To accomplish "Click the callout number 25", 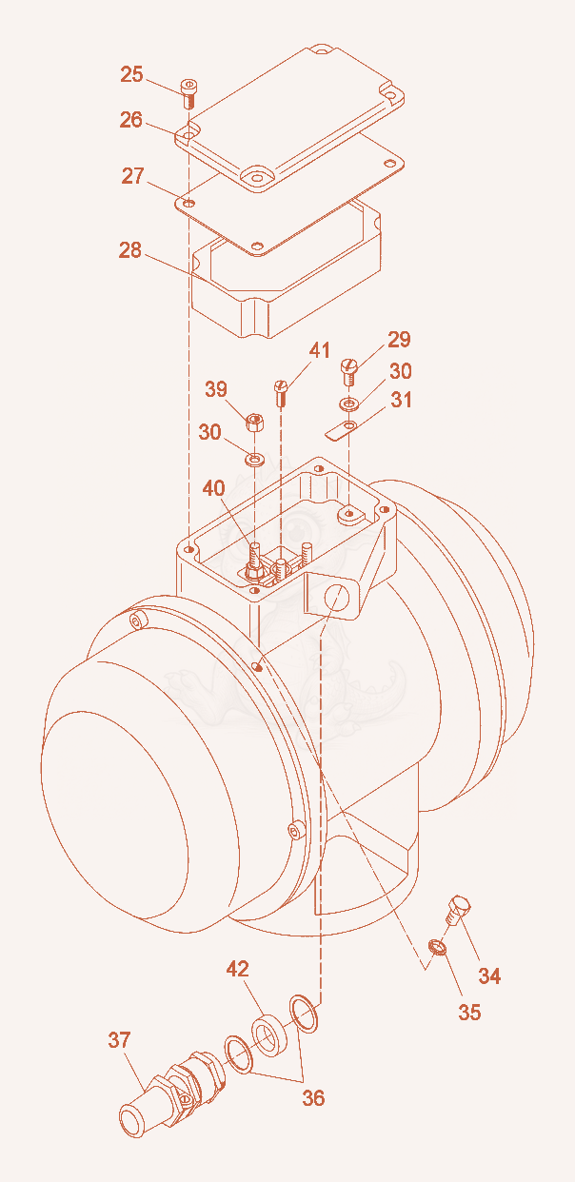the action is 131,74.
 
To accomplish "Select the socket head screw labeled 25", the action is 189,93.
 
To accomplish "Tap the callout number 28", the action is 129,250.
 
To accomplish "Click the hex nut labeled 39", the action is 255,422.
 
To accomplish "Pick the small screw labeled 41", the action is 281,393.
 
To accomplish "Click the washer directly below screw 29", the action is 349,404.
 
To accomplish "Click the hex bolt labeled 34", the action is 457,909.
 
